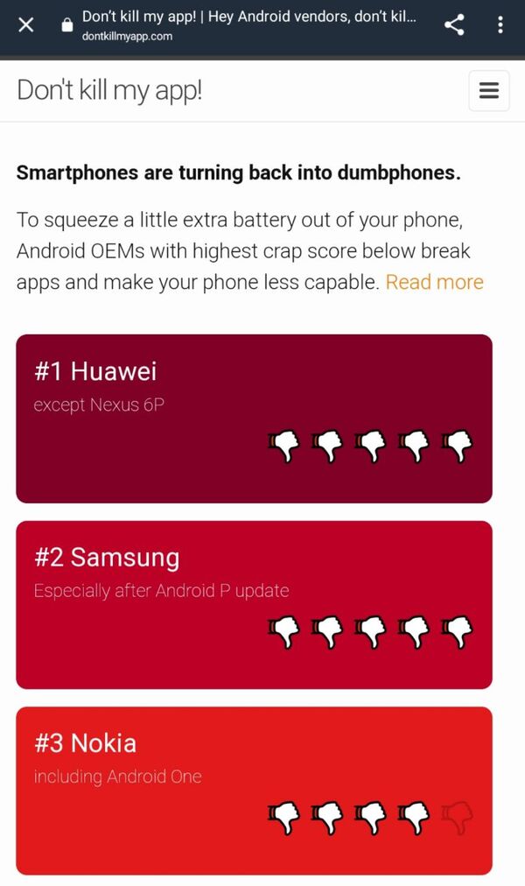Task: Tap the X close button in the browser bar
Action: coord(26,25)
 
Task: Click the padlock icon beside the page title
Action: coord(67,25)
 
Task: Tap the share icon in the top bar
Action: coord(454,25)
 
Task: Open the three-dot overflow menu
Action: coord(500,25)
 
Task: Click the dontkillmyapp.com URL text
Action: coord(127,36)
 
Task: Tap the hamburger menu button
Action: coord(489,90)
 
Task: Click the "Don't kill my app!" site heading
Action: coord(109,90)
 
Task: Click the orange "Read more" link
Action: coord(435,282)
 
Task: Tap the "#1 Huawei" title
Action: coord(95,371)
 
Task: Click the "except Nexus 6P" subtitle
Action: coord(99,404)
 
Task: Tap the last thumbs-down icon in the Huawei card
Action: coord(457,446)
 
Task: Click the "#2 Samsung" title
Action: coord(107,558)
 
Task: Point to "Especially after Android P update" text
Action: coord(162,591)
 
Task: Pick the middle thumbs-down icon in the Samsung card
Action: coord(370,632)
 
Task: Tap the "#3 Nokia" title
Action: coord(85,743)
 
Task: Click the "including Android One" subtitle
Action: coord(117,777)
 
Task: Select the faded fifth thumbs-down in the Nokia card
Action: coord(457,818)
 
